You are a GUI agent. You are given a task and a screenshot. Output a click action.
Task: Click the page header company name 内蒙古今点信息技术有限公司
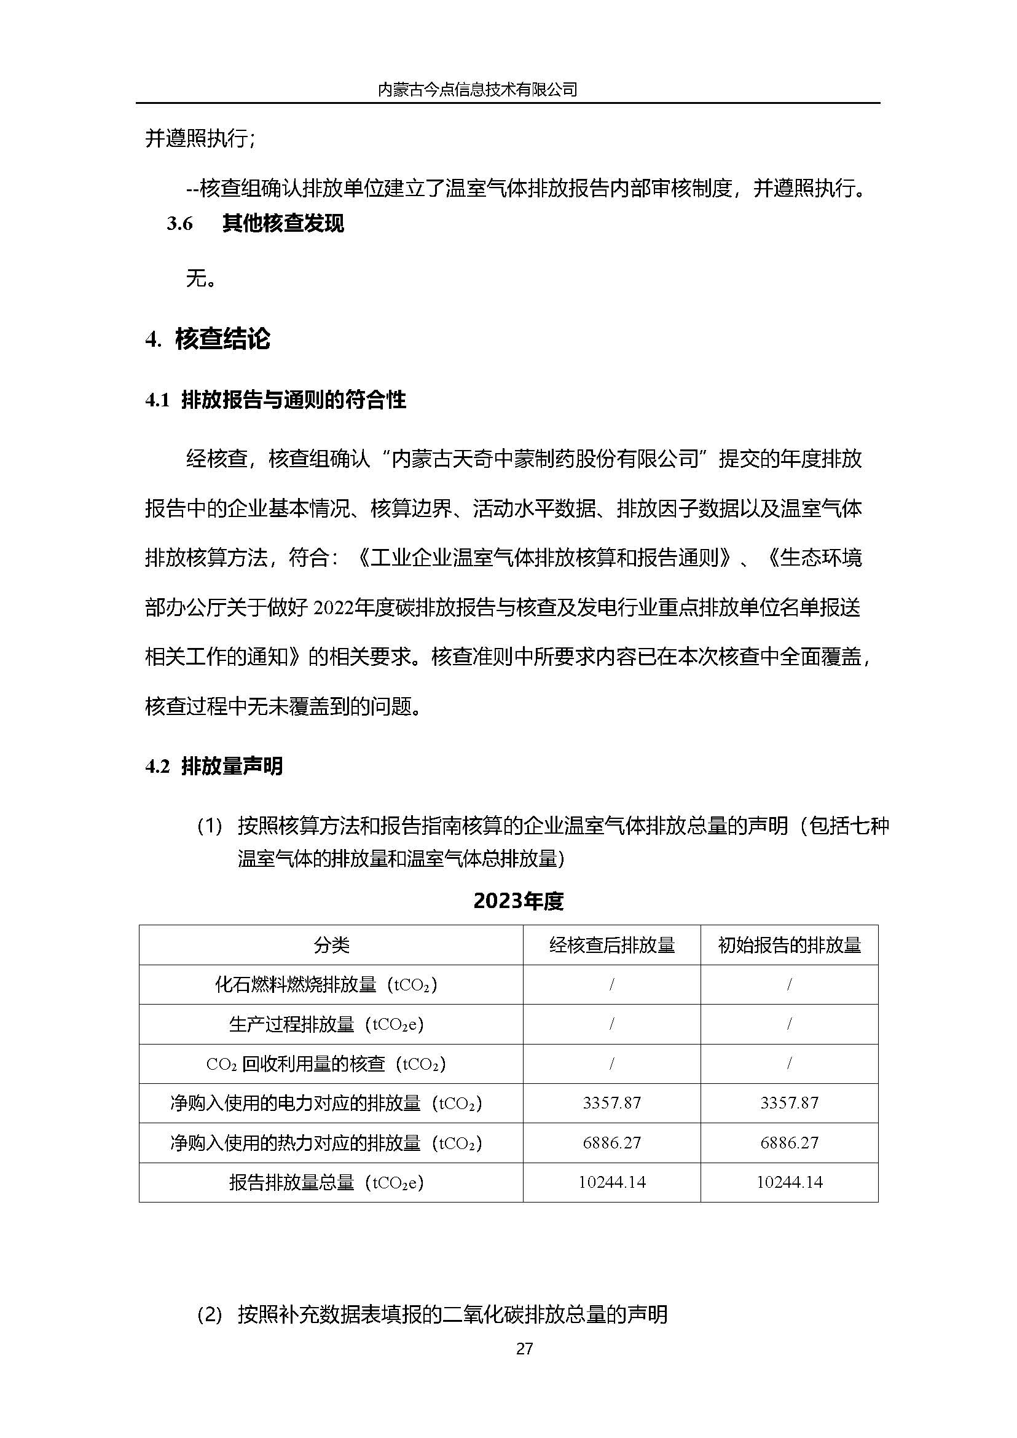[477, 90]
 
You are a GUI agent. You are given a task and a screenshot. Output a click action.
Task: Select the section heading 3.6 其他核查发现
[256, 224]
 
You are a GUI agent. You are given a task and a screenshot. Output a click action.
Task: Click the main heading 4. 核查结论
[208, 339]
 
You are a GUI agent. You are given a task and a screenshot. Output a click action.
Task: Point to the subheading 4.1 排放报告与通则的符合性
[275, 400]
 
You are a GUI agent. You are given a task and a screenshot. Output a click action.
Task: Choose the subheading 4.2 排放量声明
[214, 765]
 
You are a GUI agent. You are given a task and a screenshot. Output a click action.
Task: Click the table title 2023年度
[519, 901]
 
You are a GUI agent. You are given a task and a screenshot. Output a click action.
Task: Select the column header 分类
[331, 945]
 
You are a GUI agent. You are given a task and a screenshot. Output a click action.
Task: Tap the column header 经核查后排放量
[612, 945]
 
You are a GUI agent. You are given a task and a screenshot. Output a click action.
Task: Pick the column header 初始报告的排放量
[789, 945]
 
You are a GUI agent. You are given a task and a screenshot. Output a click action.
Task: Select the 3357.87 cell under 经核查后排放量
[612, 1103]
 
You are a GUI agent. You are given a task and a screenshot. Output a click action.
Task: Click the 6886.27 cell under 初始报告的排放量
[789, 1142]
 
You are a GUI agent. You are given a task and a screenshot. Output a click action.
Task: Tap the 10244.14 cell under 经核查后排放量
[612, 1182]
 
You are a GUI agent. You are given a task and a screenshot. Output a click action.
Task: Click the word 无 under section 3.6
[195, 279]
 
